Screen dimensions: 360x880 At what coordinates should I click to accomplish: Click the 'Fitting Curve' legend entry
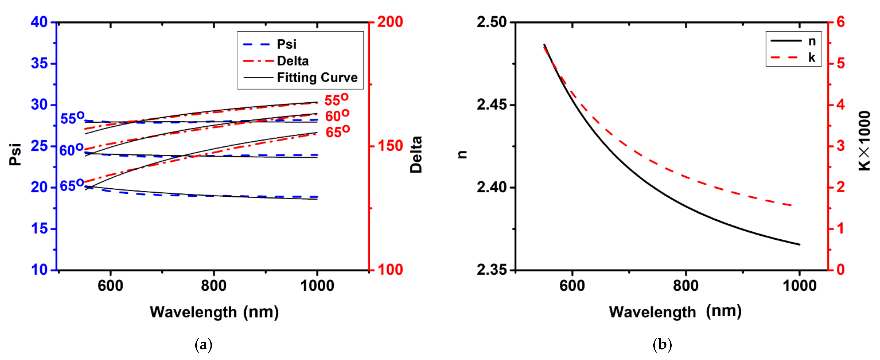click(x=317, y=78)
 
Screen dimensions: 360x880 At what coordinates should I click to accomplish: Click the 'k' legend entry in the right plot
click(x=812, y=58)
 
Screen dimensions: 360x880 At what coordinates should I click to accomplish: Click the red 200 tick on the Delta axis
click(x=390, y=22)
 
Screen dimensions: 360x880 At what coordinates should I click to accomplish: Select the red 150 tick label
click(x=390, y=146)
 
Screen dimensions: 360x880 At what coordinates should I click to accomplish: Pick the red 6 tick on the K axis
click(x=841, y=22)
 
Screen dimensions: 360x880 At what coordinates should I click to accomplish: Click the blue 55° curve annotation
click(x=72, y=118)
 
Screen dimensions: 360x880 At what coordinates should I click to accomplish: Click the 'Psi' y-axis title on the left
click(x=15, y=154)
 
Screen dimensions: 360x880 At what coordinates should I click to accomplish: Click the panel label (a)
click(x=203, y=345)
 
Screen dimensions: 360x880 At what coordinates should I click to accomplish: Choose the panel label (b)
click(x=662, y=345)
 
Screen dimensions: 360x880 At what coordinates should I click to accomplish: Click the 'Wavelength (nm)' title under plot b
click(x=675, y=312)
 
